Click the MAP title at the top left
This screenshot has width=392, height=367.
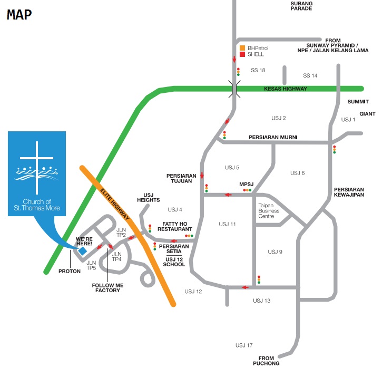19,14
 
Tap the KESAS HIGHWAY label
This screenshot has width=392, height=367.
285,89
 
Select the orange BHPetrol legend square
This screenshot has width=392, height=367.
242,48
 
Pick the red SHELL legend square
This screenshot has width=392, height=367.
242,54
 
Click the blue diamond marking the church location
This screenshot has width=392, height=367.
83,251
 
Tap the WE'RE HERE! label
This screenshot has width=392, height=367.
84,240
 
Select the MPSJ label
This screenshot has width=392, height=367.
247,184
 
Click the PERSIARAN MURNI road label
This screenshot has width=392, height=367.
273,137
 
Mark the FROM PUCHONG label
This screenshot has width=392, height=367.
269,360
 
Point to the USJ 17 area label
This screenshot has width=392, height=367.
244,345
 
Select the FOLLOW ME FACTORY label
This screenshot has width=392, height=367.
108,288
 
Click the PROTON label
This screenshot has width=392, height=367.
70,272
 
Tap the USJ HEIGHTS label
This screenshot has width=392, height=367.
148,197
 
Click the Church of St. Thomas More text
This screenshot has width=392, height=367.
36,205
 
